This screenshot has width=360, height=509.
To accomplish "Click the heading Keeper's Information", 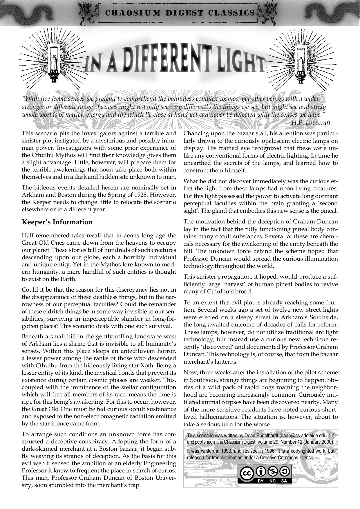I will (x=57, y=222).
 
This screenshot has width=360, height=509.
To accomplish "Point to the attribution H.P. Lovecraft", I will (x=311, y=123).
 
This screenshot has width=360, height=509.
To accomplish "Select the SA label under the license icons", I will (x=284, y=481).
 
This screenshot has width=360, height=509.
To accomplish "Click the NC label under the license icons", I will (x=272, y=481).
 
